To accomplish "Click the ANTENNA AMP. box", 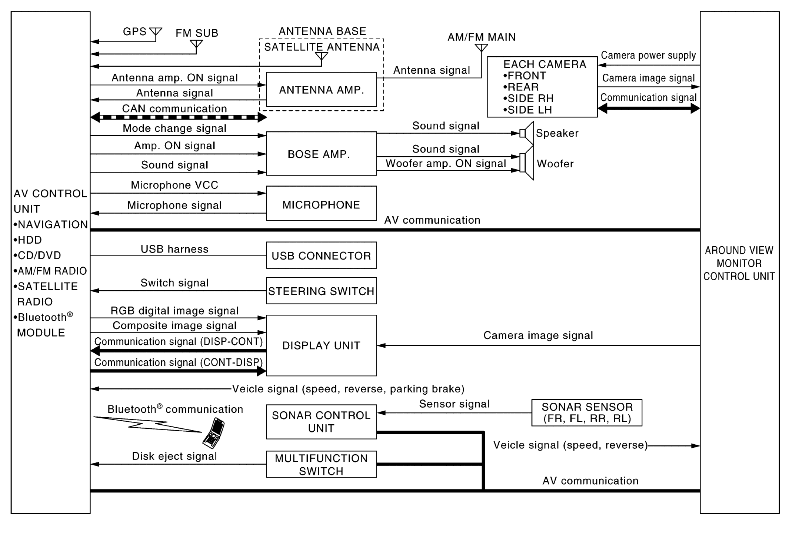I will click(x=321, y=90).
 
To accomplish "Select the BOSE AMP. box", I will click(x=321, y=154).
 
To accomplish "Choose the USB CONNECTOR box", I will click(x=321, y=255).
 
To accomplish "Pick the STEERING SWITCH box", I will click(x=321, y=291).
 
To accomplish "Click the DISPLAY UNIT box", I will click(x=321, y=345).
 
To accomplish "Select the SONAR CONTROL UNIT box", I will click(x=321, y=422).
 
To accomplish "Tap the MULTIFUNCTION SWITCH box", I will click(x=321, y=464).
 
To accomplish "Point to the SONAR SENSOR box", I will click(x=586, y=413).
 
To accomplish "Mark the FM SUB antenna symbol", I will click(x=196, y=44).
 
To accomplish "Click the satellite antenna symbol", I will click(x=322, y=57).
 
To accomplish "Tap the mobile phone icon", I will click(x=214, y=432).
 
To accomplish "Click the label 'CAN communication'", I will click(x=174, y=108).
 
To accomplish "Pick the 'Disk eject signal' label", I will click(x=174, y=456).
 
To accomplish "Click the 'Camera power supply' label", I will click(x=648, y=55).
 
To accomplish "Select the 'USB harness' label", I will click(x=174, y=249).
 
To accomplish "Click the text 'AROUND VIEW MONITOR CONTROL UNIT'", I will click(x=739, y=263).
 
